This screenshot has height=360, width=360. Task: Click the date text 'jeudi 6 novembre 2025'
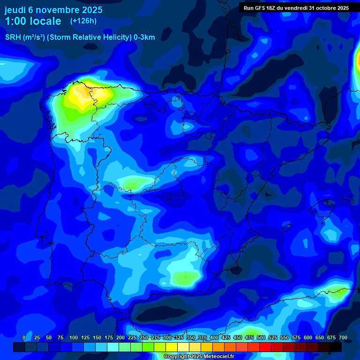pyautogui.click(x=53, y=10)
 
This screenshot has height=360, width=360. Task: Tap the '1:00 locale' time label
pyautogui.click(x=33, y=21)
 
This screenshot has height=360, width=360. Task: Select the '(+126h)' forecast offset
pyautogui.click(x=83, y=21)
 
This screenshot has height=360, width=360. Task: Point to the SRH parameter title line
pyautogui.click(x=80, y=37)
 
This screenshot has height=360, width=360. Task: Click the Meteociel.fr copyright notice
pyautogui.click(x=198, y=357)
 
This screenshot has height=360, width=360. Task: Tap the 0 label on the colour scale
pyautogui.click(x=24, y=337)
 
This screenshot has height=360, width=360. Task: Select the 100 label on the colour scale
pyautogui.click(x=74, y=337)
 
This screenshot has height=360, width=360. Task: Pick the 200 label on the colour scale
pyautogui.click(x=120, y=337)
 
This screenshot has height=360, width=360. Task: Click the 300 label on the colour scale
pyautogui.click(x=167, y=337)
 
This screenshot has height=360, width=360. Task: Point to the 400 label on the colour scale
pyautogui.click(x=214, y=337)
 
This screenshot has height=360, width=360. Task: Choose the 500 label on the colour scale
pyautogui.click(x=261, y=337)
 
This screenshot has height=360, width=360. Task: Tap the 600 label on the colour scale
pyautogui.click(x=308, y=337)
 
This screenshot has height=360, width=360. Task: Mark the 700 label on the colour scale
pyautogui.click(x=343, y=337)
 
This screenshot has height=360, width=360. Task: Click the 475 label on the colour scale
pyautogui.click(x=249, y=337)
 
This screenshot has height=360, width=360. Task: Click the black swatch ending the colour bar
pyautogui.click(x=336, y=347)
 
